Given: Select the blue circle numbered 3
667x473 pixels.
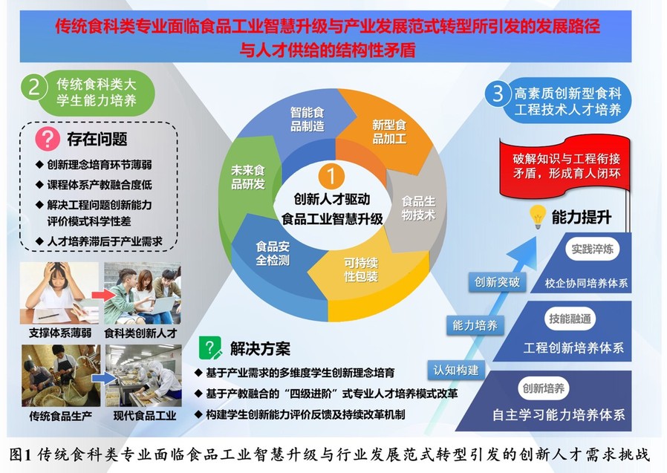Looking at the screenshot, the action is (x=498, y=93).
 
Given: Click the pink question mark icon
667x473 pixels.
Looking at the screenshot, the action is (x=48, y=138).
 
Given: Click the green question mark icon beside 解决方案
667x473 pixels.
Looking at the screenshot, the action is (x=210, y=348).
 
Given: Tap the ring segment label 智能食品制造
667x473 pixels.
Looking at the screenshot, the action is (x=307, y=119).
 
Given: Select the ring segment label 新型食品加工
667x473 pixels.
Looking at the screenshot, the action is (x=389, y=131).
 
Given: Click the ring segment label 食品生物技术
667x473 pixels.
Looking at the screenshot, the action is (x=419, y=208).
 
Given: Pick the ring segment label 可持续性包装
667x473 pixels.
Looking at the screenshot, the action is (x=361, y=270).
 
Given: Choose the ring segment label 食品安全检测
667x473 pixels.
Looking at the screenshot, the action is (x=273, y=253).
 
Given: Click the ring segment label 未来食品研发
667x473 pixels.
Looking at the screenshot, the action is (x=248, y=177).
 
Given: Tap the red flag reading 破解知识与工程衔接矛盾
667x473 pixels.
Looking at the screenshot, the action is (x=564, y=167).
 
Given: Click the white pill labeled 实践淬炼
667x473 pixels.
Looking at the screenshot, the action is (x=592, y=249).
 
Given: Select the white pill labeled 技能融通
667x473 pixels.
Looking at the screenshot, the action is (x=570, y=319).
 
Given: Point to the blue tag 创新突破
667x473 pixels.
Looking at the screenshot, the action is (x=497, y=282).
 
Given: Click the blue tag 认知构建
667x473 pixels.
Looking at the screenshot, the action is (x=456, y=370).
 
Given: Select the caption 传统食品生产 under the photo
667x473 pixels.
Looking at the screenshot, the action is (x=60, y=416).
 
